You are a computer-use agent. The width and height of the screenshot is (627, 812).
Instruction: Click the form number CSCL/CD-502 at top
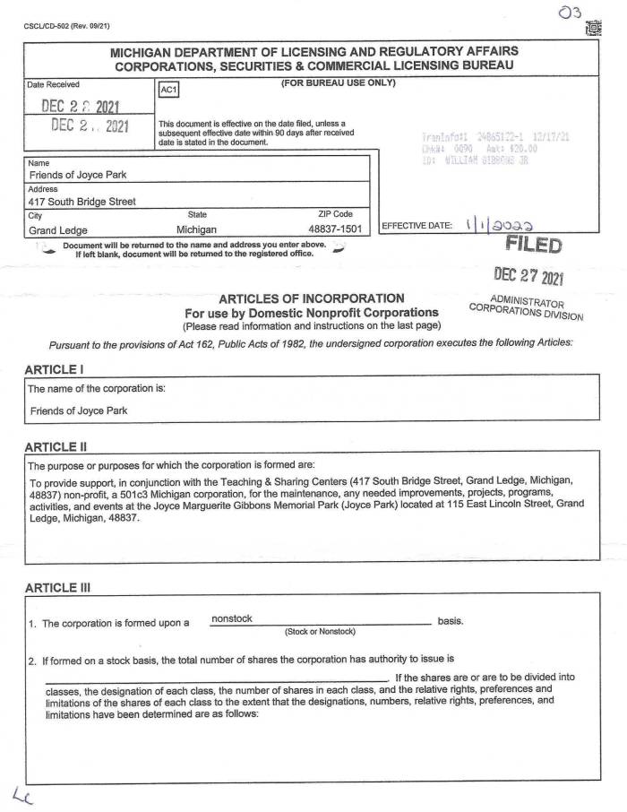click(61, 25)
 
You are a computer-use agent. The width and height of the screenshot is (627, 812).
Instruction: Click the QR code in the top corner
click(593, 29)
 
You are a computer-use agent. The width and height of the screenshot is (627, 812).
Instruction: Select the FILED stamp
click(534, 245)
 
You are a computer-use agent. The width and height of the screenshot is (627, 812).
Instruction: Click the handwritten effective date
click(505, 226)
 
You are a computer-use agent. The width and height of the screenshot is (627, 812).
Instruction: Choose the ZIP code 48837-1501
click(334, 230)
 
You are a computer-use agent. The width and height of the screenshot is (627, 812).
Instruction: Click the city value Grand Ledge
click(58, 230)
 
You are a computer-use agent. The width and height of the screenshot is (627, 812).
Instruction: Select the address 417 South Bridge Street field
click(82, 202)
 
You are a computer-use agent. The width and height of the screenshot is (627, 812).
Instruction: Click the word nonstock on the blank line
click(231, 618)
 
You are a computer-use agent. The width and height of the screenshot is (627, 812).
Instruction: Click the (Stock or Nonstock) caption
click(320, 632)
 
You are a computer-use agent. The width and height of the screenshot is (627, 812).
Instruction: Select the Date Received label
click(54, 84)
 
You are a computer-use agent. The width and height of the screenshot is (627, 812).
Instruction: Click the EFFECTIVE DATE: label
click(417, 226)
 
